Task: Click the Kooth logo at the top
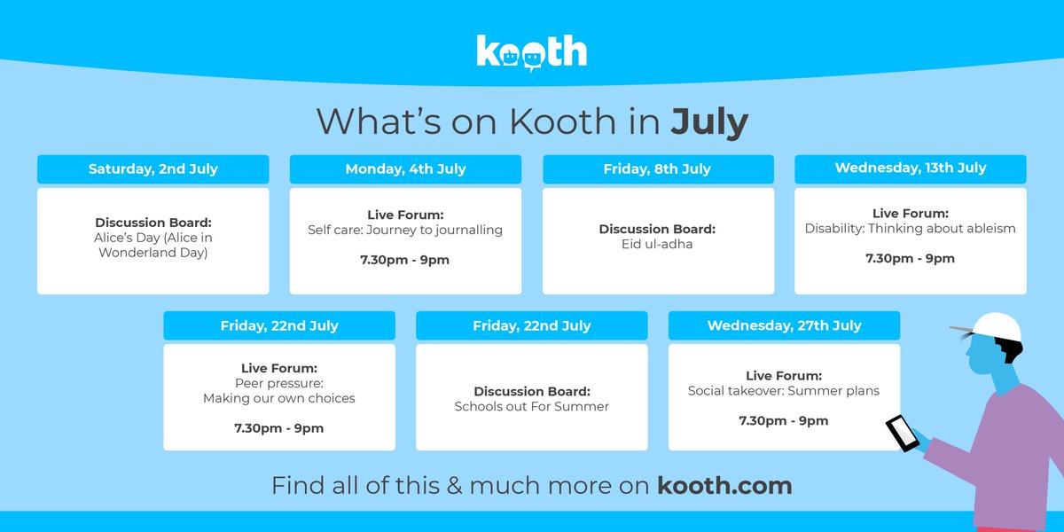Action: [x=531, y=51]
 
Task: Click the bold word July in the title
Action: [x=709, y=121]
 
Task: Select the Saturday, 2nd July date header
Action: [x=153, y=168]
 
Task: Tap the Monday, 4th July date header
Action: [x=405, y=168]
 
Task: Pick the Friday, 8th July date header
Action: [x=657, y=168]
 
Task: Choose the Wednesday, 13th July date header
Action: [x=910, y=168]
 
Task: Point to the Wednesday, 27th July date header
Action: [x=784, y=325]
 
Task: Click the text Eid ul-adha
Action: [x=657, y=244]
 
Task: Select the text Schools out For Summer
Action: [x=531, y=406]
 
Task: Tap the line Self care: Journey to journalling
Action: [x=405, y=230]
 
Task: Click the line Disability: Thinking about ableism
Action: [x=910, y=229]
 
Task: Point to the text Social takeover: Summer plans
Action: [x=784, y=390]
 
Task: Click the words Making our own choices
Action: [x=278, y=398]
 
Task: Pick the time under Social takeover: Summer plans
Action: [x=784, y=420]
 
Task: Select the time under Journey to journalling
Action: [x=405, y=260]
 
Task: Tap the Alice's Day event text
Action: [x=153, y=245]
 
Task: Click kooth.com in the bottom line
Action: [x=724, y=485]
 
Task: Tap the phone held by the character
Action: [x=902, y=433]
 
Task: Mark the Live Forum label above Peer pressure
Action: [x=278, y=368]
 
